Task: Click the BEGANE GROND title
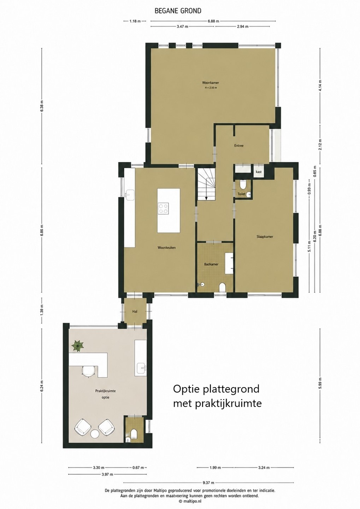(x=178, y=11)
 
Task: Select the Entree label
(x=239, y=146)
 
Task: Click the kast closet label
(x=259, y=172)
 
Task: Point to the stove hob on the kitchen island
(x=163, y=209)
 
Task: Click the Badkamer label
(x=211, y=264)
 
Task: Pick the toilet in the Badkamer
(x=222, y=288)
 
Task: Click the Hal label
(x=135, y=311)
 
